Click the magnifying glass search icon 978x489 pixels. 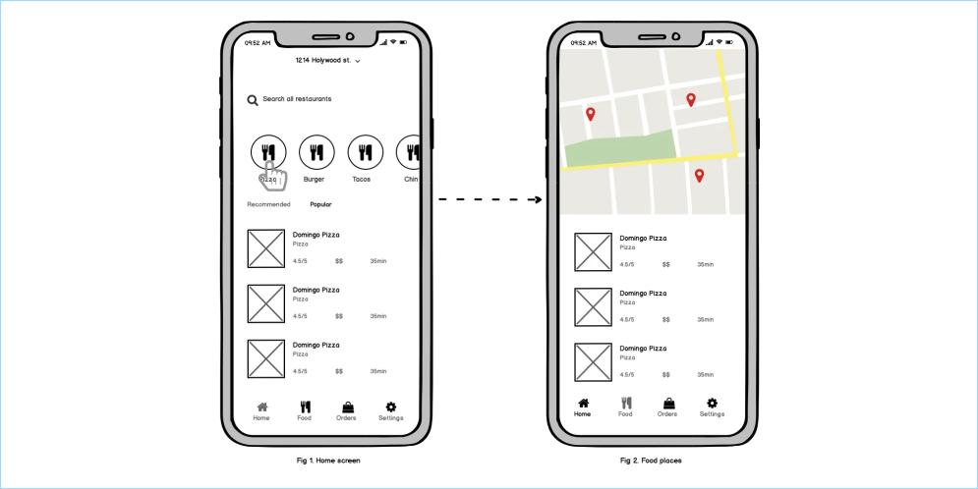(253, 100)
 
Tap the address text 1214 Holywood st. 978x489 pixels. (323, 61)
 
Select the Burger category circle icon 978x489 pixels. (316, 152)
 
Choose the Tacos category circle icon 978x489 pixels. (365, 152)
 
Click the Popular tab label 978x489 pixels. (320, 204)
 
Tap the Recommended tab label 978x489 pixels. (268, 204)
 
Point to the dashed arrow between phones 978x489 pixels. (489, 200)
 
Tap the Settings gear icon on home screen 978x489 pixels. (391, 407)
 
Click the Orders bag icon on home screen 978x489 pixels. (347, 407)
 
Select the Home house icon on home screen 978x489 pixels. (261, 407)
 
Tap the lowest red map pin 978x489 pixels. (699, 176)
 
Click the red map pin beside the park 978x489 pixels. (591, 114)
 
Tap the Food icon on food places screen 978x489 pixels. (625, 403)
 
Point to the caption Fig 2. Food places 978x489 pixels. (651, 461)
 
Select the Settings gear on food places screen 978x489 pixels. (713, 403)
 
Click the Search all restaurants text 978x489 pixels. (297, 99)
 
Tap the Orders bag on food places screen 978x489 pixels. (668, 403)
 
